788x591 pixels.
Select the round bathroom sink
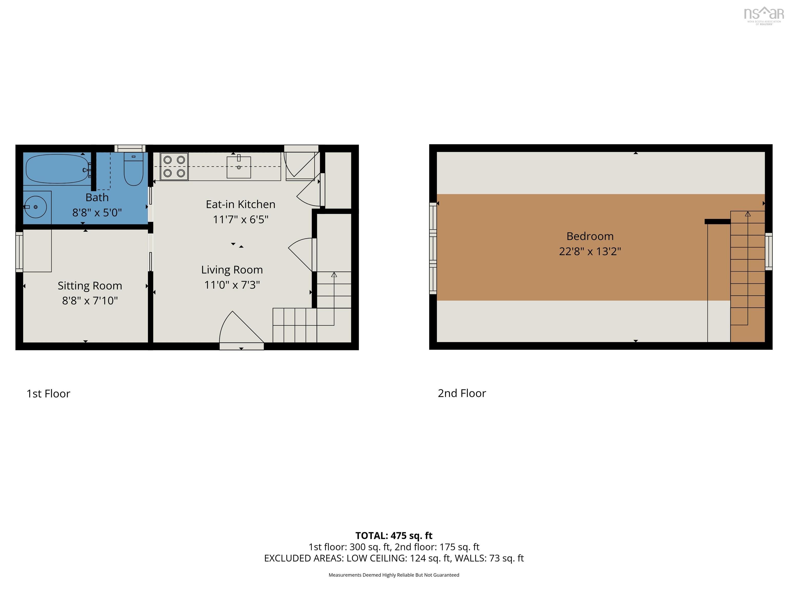[x=35, y=206]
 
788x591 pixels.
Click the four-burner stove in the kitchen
[x=174, y=166]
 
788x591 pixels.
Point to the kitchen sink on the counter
[x=239, y=167]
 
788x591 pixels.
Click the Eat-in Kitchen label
[x=240, y=204]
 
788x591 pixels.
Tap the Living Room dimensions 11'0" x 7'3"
[x=232, y=285]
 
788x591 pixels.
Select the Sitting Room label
[x=90, y=286]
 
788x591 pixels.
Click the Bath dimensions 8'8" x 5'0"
[x=97, y=213]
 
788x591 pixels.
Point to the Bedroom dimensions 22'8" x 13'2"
[x=590, y=251]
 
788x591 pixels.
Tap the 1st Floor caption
[x=48, y=394]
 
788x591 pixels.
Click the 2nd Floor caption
[x=462, y=393]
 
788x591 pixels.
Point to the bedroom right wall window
[x=769, y=251]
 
